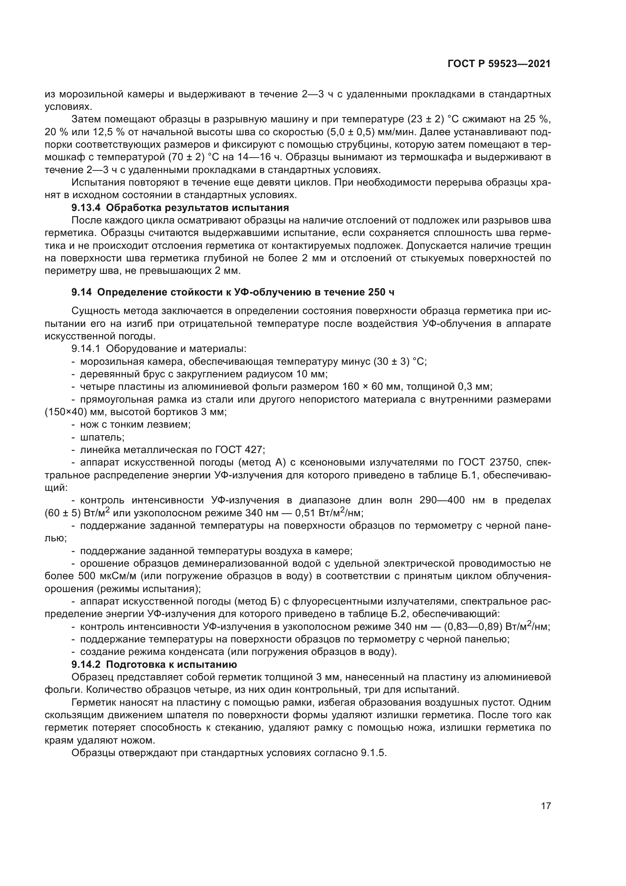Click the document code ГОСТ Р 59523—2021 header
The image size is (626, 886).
point(499,64)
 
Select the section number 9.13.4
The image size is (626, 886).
point(86,208)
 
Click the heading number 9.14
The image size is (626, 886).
point(81,292)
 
